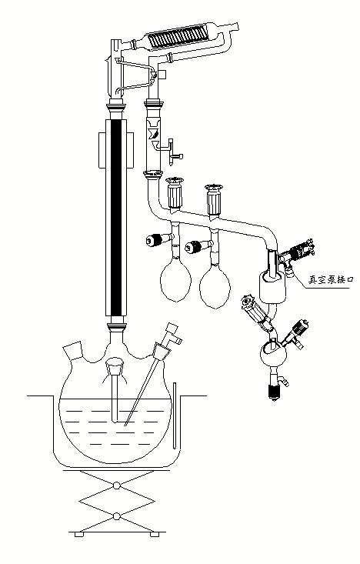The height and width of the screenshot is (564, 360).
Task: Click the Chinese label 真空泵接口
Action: click(329, 279)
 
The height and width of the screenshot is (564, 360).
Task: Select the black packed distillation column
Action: click(116, 217)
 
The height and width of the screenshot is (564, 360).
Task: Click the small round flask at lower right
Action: click(273, 354)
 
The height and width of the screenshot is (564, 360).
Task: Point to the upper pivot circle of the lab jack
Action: click(116, 486)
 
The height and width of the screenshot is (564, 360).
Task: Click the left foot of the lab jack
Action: click(79, 535)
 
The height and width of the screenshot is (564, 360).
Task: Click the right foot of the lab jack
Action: click(155, 535)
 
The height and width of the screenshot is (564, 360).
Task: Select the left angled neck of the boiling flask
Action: click(73, 350)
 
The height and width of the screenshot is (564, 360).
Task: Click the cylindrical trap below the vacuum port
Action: click(272, 288)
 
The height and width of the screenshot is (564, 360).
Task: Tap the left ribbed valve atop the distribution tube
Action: click(175, 193)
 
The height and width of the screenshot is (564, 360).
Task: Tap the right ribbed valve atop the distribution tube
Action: click(214, 200)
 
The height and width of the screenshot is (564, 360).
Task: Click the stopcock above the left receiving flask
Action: click(160, 239)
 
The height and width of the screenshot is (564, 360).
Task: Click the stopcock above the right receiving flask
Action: click(198, 247)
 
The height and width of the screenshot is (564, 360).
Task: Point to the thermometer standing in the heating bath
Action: click(175, 415)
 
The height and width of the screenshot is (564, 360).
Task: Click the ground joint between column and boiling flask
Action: click(116, 326)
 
